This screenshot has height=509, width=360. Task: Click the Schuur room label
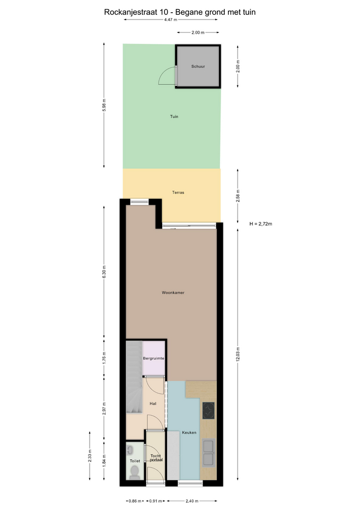(198, 66)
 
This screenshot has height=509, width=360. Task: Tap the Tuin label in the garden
(174, 116)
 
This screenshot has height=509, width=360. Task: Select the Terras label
(178, 192)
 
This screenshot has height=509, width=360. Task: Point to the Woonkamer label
(173, 293)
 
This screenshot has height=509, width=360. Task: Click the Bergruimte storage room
(154, 358)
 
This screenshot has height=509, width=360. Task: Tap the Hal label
(153, 403)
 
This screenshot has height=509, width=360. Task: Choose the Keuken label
(189, 433)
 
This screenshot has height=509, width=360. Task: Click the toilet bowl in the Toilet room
(134, 472)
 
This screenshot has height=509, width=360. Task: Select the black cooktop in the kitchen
(208, 410)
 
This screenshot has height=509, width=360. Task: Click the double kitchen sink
(208, 453)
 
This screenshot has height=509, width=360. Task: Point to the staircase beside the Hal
(134, 376)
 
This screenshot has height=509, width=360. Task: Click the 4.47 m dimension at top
(171, 20)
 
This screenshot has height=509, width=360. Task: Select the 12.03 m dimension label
(238, 354)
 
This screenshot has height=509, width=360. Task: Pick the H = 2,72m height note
(261, 224)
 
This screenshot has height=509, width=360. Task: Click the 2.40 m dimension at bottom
(192, 501)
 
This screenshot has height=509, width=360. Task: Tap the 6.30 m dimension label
(104, 271)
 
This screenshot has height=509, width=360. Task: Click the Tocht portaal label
(156, 458)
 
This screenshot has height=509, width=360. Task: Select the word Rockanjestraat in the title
(130, 12)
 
